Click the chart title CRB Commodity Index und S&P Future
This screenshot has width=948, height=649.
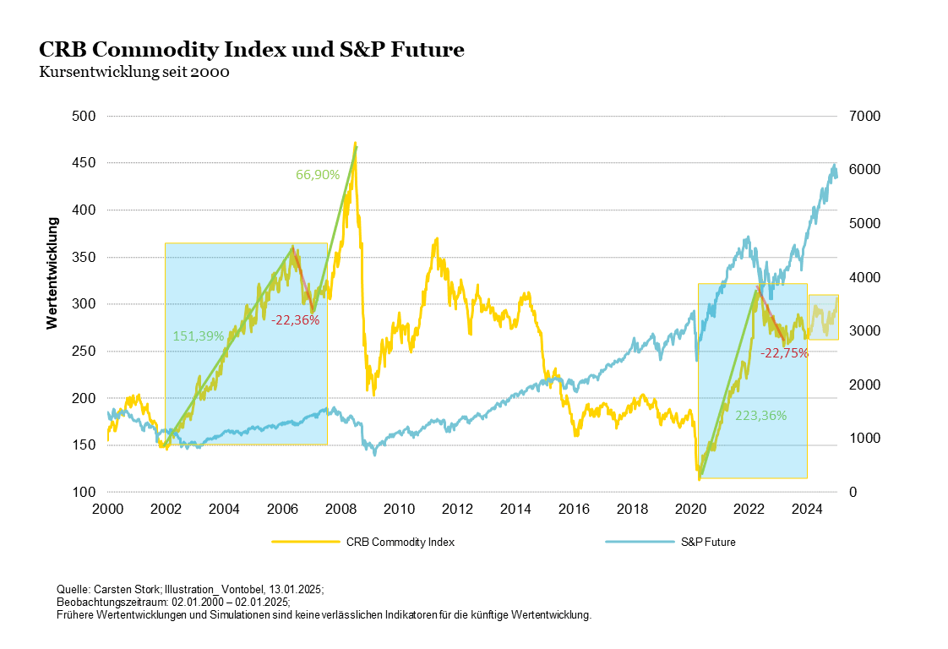[252, 50]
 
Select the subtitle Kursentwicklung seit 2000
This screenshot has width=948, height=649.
[134, 72]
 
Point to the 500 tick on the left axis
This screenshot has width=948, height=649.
[84, 116]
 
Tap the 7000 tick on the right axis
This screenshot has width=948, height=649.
[864, 116]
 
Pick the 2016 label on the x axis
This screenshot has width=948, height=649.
[575, 509]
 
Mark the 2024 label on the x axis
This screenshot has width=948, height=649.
[808, 509]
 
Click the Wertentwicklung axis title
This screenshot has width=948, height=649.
[52, 273]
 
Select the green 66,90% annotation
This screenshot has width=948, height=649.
[318, 175]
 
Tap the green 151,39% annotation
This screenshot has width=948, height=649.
[198, 335]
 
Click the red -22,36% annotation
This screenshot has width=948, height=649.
[295, 319]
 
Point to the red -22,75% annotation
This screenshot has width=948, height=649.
[784, 353]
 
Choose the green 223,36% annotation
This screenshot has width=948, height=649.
[762, 416]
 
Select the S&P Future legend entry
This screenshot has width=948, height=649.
[708, 543]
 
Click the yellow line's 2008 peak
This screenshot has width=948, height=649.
[355, 143]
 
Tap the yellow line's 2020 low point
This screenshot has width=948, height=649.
[700, 479]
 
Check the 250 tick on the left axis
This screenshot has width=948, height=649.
[84, 351]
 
